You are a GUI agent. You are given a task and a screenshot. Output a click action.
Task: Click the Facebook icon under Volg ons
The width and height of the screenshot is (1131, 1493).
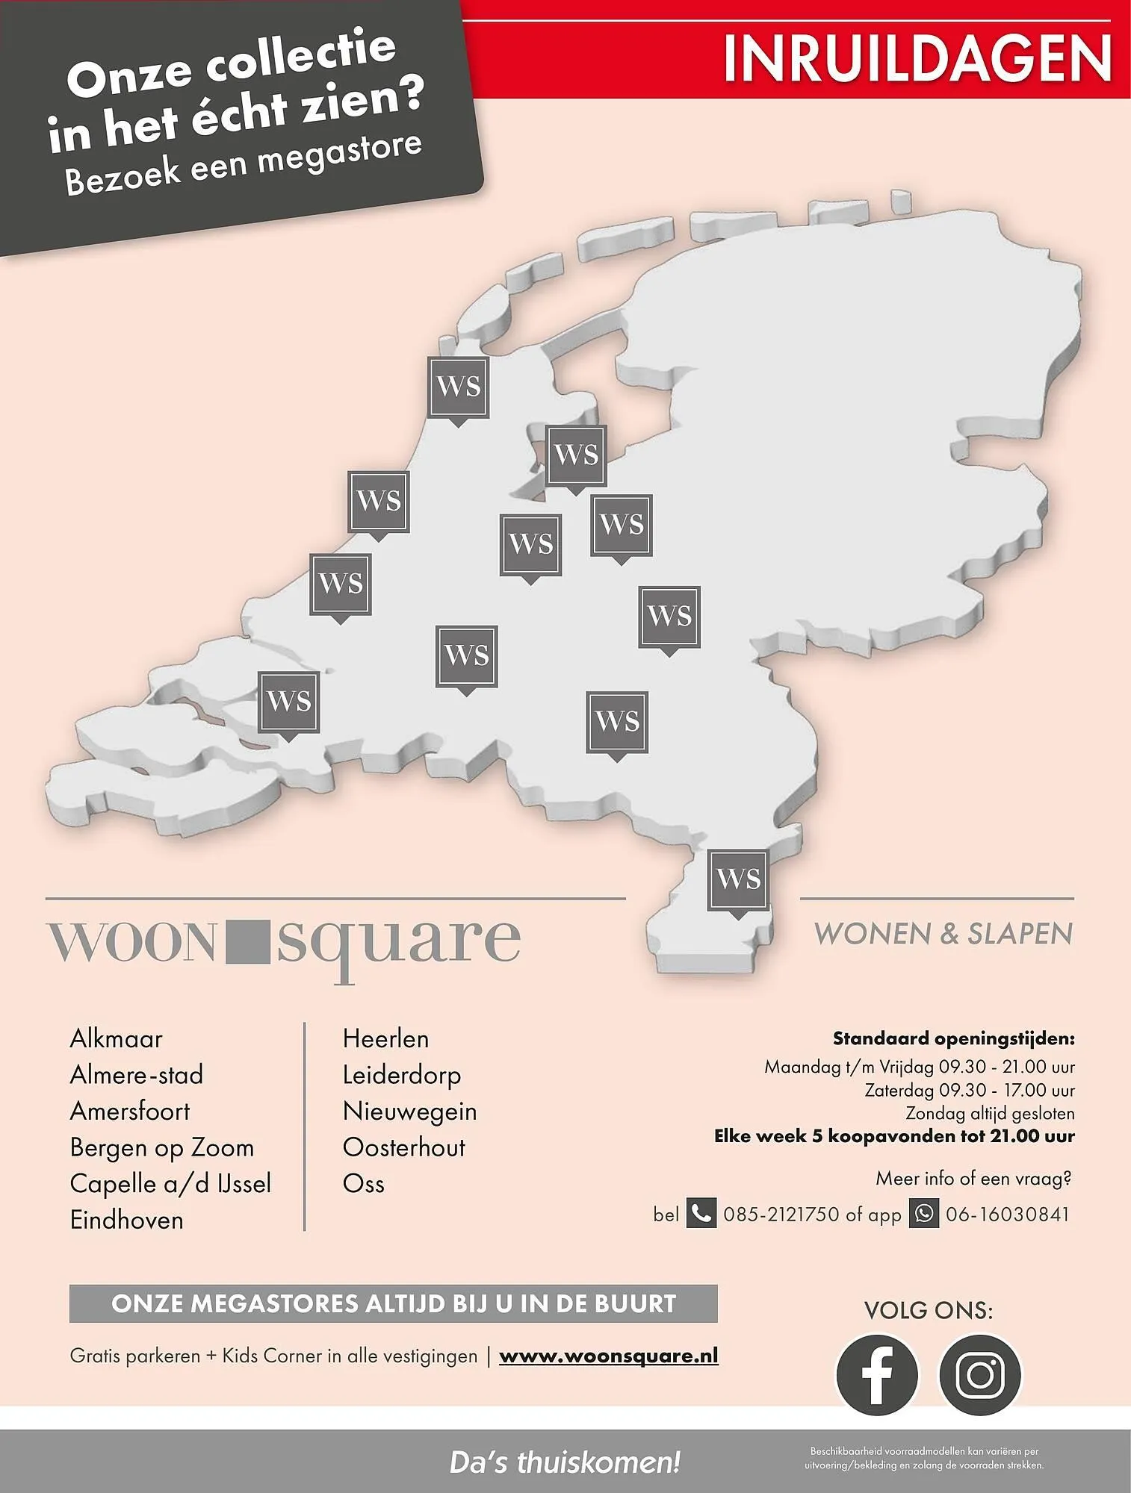(876, 1374)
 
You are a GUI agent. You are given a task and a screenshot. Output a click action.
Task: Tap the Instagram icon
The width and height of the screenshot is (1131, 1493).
(979, 1374)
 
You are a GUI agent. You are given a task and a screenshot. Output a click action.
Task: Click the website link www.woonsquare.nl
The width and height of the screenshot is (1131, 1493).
(608, 1356)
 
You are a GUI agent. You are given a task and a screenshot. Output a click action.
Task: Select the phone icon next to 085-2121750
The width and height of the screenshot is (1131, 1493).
(701, 1214)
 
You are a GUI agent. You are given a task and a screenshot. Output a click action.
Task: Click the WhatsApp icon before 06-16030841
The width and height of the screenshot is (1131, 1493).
(924, 1214)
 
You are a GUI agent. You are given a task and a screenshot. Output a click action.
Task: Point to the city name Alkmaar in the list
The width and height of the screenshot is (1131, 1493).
(116, 1038)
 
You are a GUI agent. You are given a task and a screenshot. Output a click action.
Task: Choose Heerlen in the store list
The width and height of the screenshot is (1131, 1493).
(385, 1038)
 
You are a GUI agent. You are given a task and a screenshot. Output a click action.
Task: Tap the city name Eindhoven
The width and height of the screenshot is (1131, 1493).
(126, 1220)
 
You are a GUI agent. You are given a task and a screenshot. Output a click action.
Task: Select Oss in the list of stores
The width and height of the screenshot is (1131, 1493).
(363, 1183)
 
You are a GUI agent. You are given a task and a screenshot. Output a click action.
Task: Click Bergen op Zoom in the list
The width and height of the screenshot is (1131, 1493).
(161, 1147)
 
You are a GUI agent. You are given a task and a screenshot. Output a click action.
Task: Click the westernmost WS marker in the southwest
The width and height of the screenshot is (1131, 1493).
(288, 702)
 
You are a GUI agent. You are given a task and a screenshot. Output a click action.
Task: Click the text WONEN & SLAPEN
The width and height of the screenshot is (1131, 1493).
(943, 934)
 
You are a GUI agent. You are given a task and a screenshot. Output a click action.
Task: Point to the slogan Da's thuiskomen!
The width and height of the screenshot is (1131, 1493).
(565, 1462)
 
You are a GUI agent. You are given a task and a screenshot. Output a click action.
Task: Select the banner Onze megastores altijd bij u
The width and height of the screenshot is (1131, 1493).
(393, 1303)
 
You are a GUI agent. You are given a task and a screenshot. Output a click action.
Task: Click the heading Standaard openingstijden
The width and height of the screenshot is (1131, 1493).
(953, 1038)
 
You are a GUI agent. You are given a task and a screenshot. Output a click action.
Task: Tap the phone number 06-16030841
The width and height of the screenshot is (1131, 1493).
(1007, 1215)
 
